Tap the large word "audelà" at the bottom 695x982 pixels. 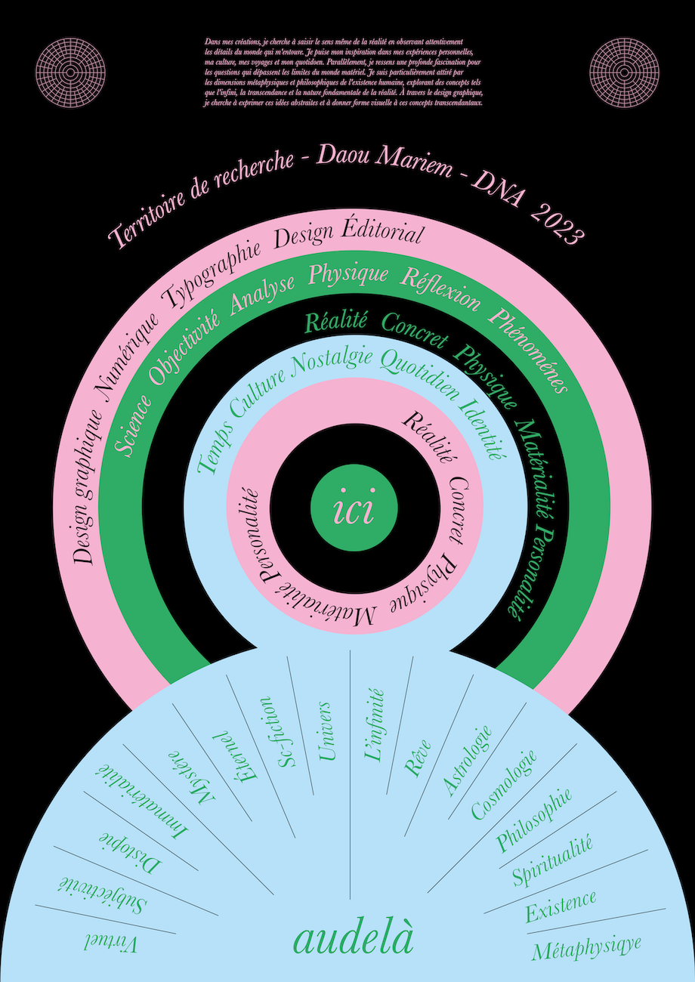(354, 939)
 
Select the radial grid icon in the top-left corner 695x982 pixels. (71, 73)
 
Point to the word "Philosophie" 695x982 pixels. (533, 820)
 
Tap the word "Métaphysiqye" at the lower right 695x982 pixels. (586, 947)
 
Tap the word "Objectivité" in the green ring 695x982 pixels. (183, 339)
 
